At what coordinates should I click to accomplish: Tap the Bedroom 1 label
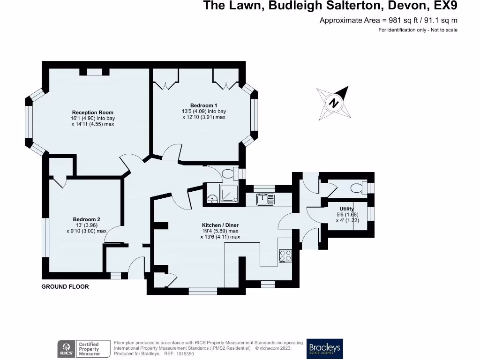(x=203, y=105)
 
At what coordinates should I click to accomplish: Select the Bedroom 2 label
(x=86, y=219)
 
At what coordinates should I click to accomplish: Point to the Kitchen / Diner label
(x=220, y=225)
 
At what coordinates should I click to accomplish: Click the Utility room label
(x=347, y=209)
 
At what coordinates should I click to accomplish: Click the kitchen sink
(x=265, y=199)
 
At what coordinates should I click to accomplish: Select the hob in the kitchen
(x=285, y=256)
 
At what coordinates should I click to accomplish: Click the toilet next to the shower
(x=230, y=174)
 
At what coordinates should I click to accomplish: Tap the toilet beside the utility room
(x=358, y=188)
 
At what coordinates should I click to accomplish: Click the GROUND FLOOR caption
(x=65, y=286)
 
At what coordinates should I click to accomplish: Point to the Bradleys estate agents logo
(x=324, y=349)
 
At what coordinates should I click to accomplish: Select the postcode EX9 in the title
(x=445, y=6)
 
